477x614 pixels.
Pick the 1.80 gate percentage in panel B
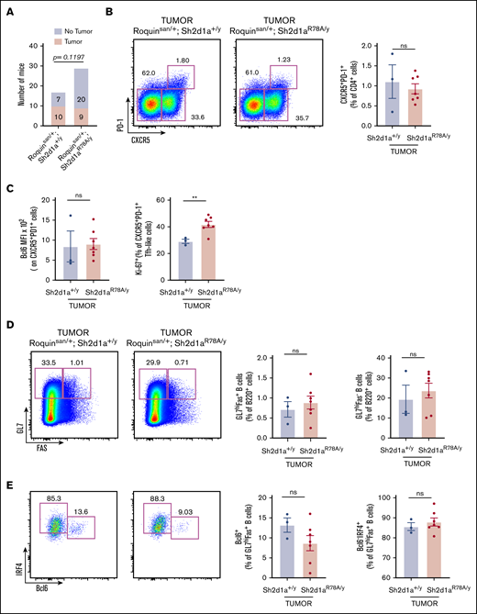[x=183, y=61]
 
